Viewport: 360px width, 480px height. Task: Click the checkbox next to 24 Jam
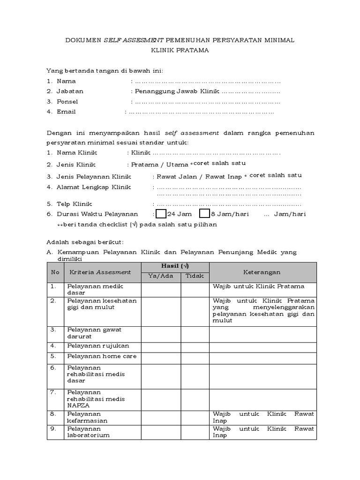click(x=160, y=214)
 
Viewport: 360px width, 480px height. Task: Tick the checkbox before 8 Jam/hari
click(x=204, y=214)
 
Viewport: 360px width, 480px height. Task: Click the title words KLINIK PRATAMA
click(x=180, y=50)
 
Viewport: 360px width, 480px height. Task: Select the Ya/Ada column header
click(x=161, y=276)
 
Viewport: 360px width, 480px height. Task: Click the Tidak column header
click(x=195, y=276)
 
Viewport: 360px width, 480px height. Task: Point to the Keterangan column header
click(x=262, y=272)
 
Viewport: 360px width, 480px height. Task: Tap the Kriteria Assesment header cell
click(x=100, y=272)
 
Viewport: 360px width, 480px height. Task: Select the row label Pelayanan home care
click(x=96, y=356)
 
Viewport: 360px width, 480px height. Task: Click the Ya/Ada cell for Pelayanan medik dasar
click(x=161, y=289)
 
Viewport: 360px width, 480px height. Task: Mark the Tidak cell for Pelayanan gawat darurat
click(x=195, y=334)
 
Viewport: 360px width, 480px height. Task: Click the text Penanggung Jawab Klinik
click(x=176, y=91)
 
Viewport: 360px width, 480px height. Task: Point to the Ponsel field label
click(x=67, y=102)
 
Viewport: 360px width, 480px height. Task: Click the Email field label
click(x=66, y=112)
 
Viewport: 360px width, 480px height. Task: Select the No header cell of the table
click(x=55, y=272)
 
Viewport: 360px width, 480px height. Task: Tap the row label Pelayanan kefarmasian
click(x=87, y=417)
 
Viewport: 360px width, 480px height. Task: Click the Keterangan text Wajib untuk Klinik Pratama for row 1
click(x=258, y=286)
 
